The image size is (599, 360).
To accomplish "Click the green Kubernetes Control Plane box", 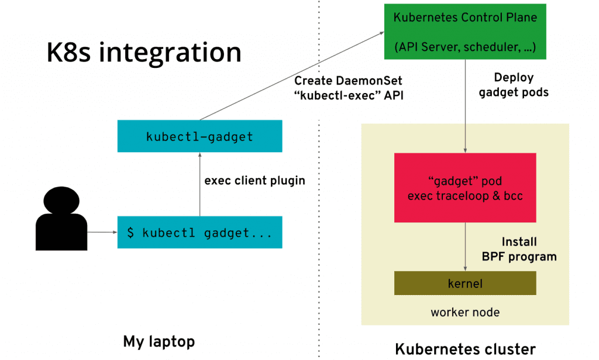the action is tap(465, 32).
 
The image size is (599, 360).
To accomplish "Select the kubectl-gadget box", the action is tap(200, 136).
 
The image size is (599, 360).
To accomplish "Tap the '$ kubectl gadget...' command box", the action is tap(200, 232).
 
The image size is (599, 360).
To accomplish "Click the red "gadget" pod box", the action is tap(465, 188).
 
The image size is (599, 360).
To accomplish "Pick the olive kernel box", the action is tap(465, 283).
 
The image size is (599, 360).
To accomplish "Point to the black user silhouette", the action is tap(61, 218).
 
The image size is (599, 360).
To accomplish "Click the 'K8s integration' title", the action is tap(144, 52).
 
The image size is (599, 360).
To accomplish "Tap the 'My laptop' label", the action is tap(159, 341).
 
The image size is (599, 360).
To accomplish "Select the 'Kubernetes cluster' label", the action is tap(465, 349).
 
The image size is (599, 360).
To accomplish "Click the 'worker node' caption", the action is tap(465, 312).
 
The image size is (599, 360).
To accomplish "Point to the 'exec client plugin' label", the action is tap(255, 180).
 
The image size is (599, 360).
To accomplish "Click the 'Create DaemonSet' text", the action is tap(348, 81).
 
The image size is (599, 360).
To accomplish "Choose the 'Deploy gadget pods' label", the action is tap(514, 84).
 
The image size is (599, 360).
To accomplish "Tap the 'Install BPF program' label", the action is tap(519, 249).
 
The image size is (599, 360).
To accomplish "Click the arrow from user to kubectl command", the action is tap(102, 232).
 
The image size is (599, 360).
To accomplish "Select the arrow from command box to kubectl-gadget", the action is tap(200, 184).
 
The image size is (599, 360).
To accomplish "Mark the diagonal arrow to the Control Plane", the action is tap(292, 76).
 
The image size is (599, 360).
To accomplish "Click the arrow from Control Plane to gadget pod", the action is tap(465, 106).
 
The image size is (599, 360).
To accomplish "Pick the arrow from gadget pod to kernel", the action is tap(465, 247).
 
